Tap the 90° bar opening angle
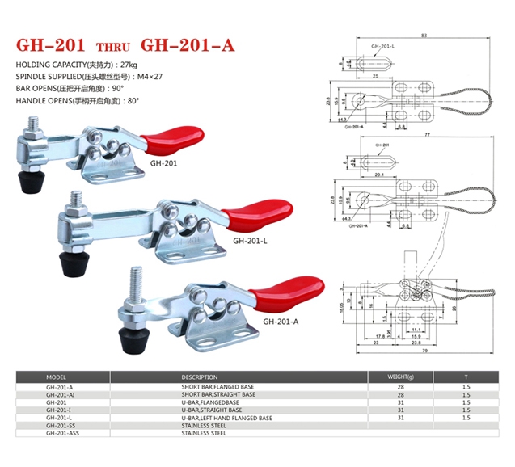click(x=120, y=87)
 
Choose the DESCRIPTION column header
click(x=200, y=377)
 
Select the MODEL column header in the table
click(x=56, y=377)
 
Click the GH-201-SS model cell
click(x=61, y=425)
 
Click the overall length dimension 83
click(x=424, y=35)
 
